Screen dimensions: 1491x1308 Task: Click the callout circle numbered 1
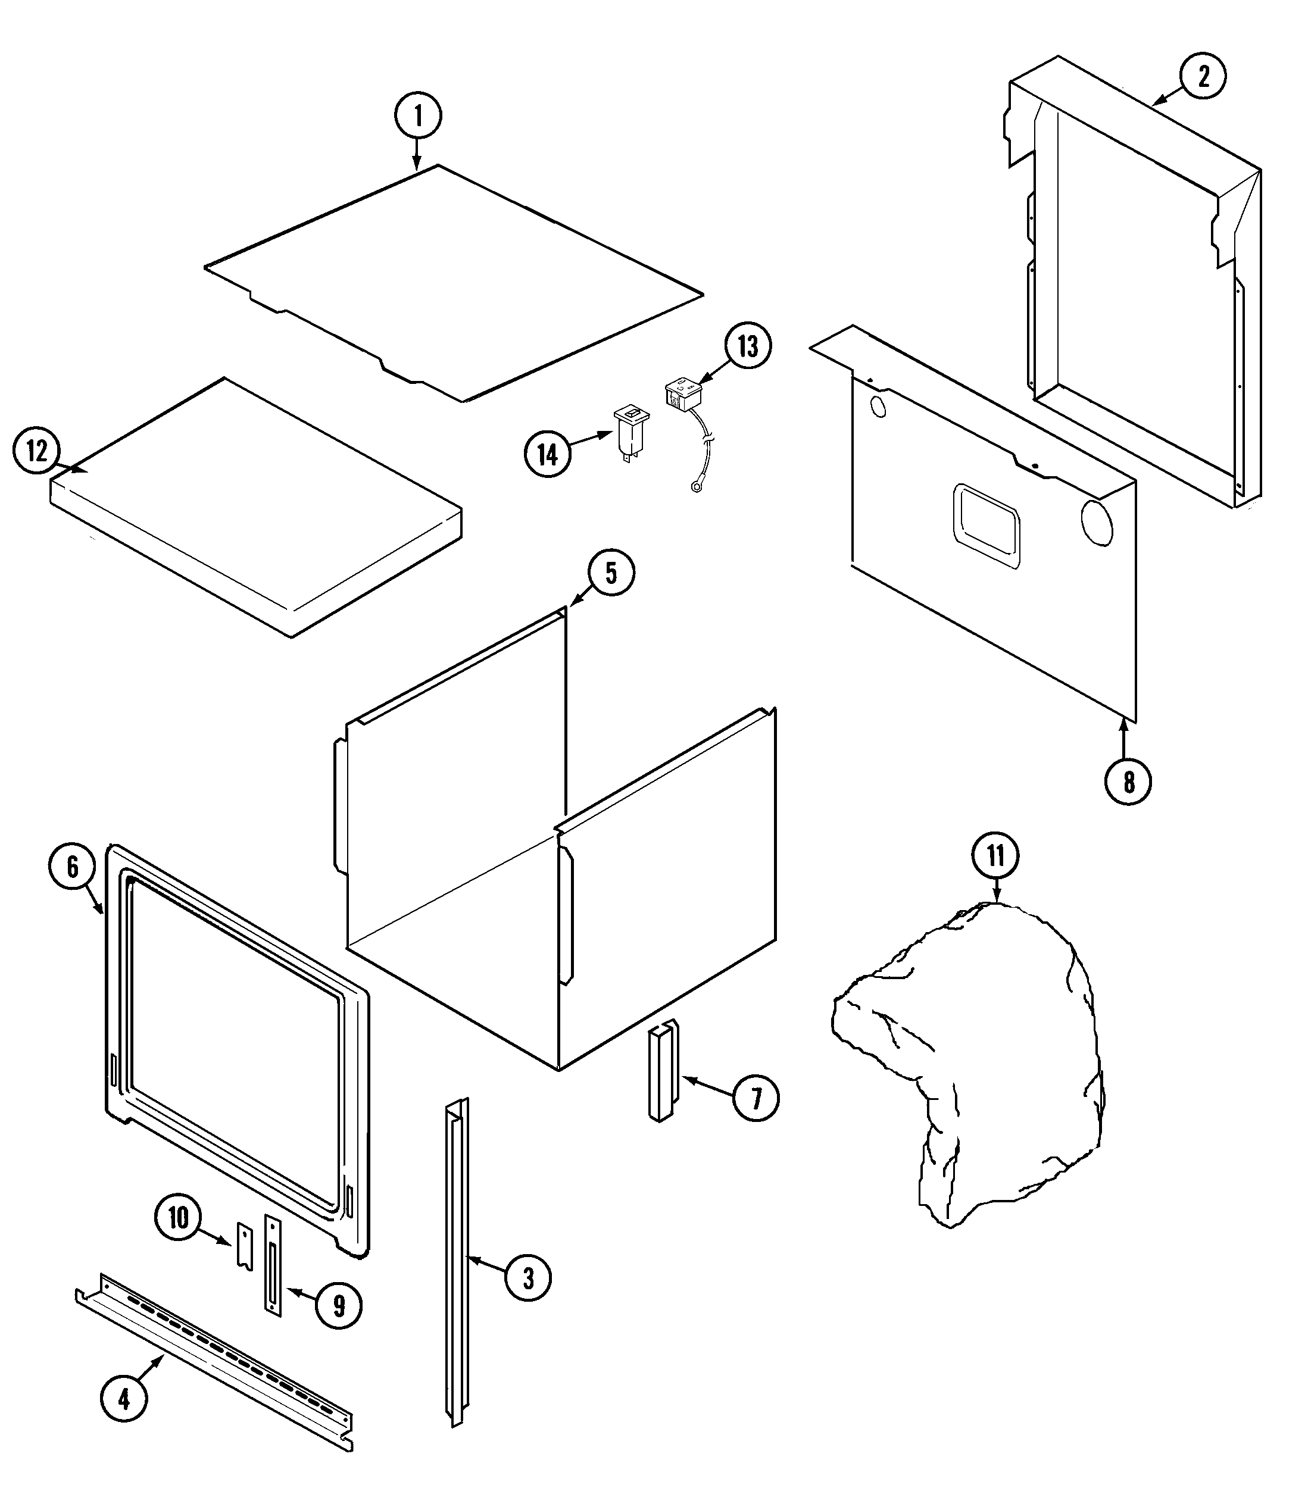click(418, 116)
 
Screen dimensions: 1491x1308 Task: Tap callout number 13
click(748, 346)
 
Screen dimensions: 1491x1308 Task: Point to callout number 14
click(547, 455)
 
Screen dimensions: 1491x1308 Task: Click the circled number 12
click(37, 452)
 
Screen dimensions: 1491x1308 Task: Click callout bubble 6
click(72, 867)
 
